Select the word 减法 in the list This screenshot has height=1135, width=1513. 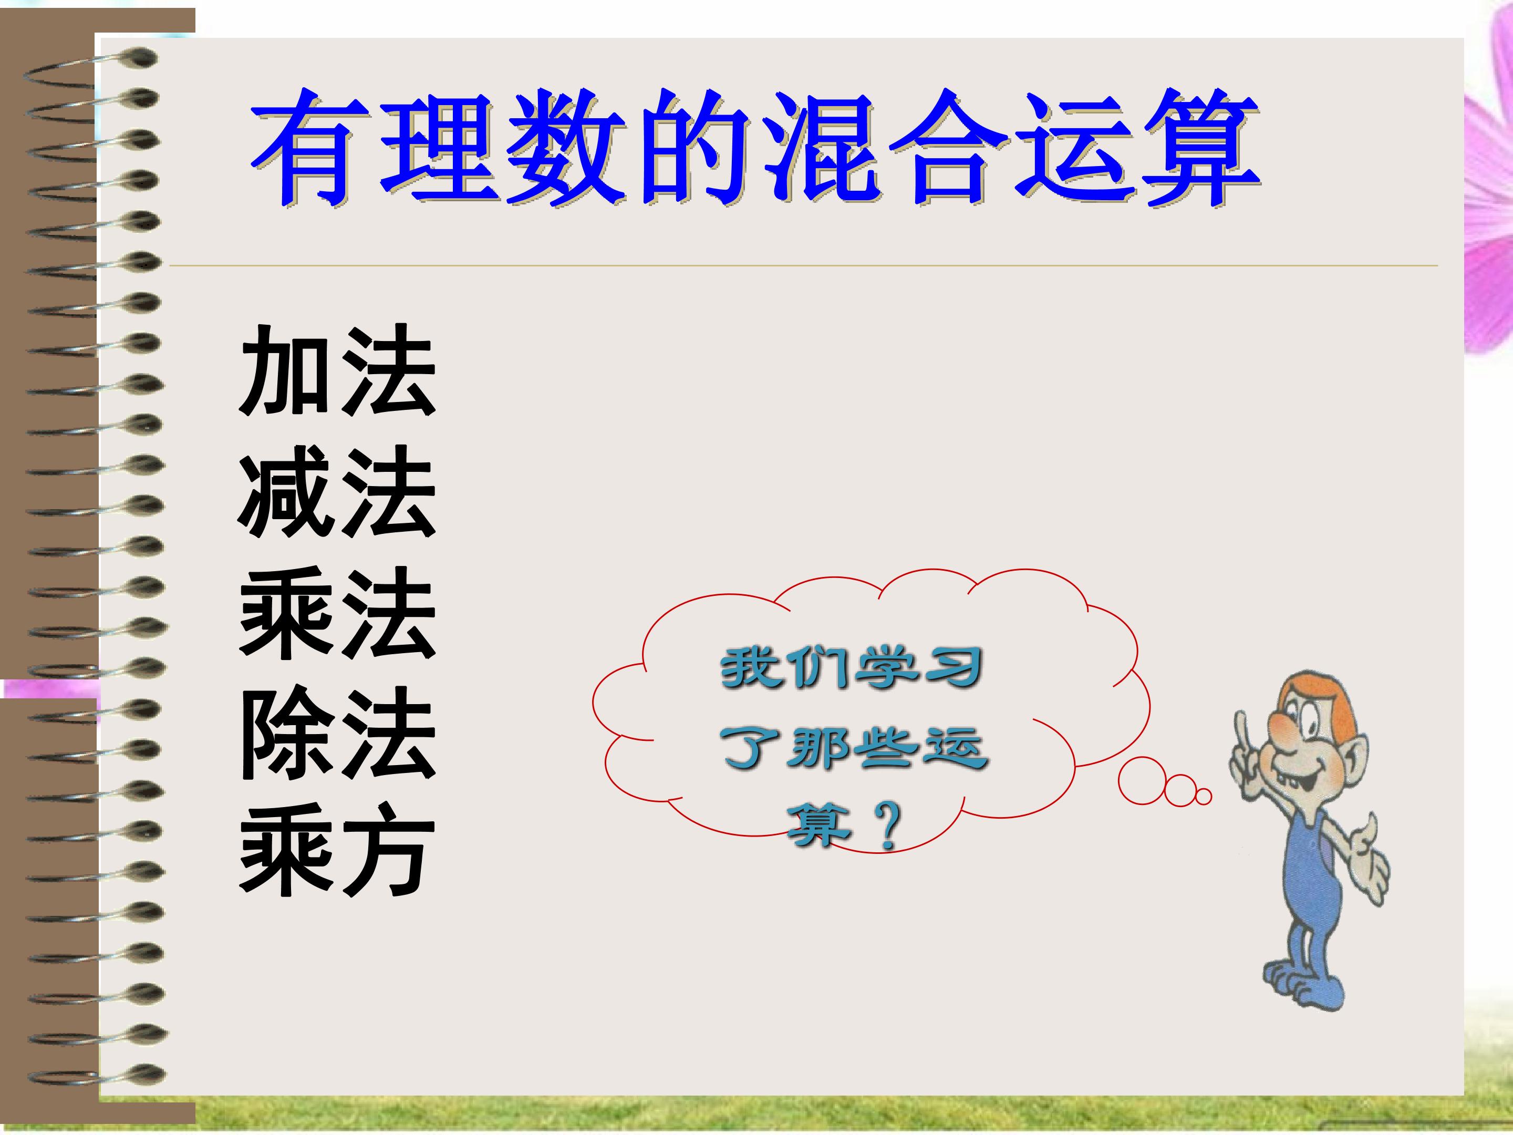click(x=337, y=491)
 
